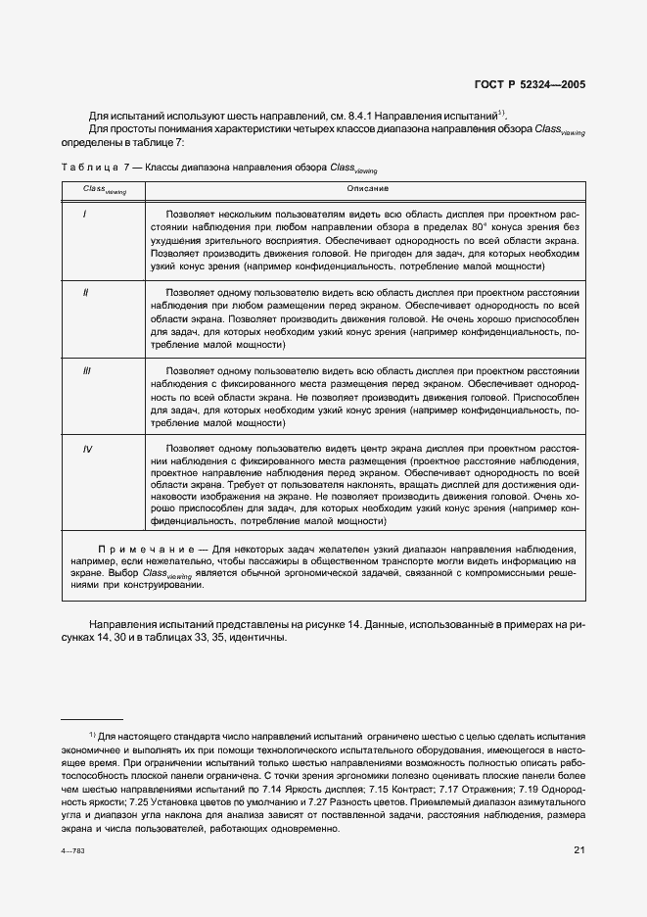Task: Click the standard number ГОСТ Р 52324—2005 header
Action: (530, 85)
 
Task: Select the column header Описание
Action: (367, 187)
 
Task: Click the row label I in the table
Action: (85, 213)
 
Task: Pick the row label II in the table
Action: (86, 292)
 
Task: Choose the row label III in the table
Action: (87, 372)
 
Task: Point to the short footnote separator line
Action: (85, 719)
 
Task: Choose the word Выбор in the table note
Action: (125, 572)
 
